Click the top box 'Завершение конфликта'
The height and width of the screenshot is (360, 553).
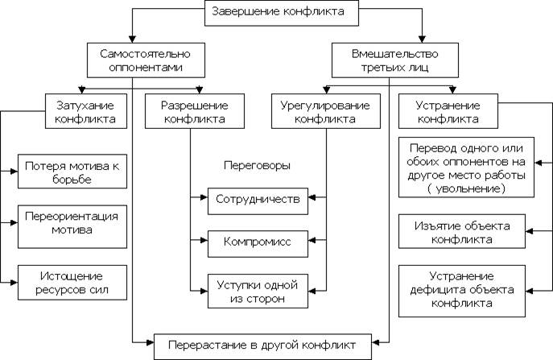point(282,13)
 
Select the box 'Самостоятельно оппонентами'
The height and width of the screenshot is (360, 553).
point(146,60)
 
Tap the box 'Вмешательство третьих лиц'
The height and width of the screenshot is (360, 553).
point(395,60)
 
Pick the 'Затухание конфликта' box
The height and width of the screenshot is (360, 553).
point(85,111)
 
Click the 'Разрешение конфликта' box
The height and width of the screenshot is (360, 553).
point(195,111)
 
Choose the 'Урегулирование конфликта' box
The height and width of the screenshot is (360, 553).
point(326,111)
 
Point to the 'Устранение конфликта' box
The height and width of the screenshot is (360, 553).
point(448,111)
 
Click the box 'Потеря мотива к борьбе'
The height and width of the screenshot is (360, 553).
point(72,172)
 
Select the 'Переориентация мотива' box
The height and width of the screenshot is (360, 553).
point(72,226)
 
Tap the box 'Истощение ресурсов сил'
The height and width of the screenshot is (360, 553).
point(72,283)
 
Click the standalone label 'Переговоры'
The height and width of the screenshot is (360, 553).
point(257,165)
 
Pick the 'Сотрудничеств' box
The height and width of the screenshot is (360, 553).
point(258,201)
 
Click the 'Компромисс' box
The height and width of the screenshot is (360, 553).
point(258,244)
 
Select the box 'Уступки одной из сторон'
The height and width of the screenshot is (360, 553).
point(258,292)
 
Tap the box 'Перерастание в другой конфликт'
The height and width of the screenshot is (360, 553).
point(262,346)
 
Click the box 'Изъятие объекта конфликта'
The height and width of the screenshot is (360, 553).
point(462,231)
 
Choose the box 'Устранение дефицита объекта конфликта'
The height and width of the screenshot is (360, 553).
point(462,292)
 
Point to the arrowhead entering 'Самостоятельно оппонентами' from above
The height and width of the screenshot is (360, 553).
point(132,39)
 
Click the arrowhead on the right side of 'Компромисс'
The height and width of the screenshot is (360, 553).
point(312,240)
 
